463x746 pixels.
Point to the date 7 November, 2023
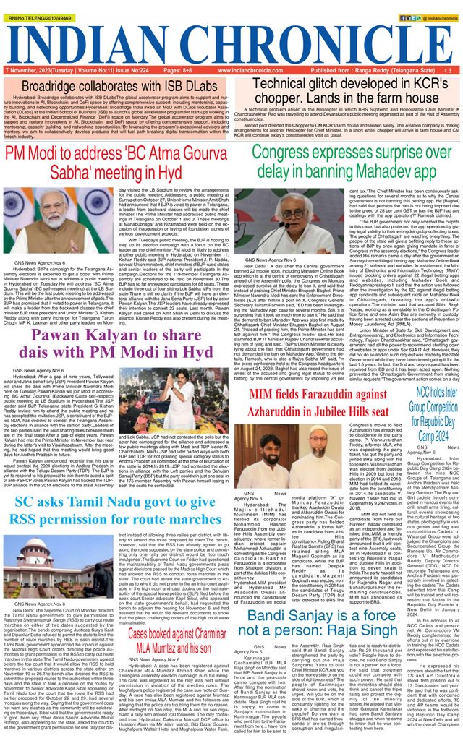tap(27, 70)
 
